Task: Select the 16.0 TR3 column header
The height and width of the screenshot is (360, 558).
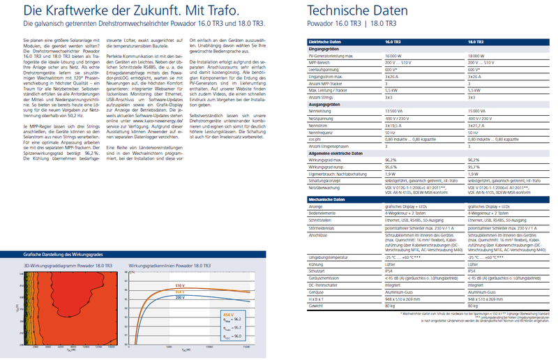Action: coord(395,43)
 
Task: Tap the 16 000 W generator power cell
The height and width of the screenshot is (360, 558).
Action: coord(396,55)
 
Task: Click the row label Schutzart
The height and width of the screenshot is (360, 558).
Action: coord(317,271)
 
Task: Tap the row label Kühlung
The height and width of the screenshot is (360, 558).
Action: coord(316,265)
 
